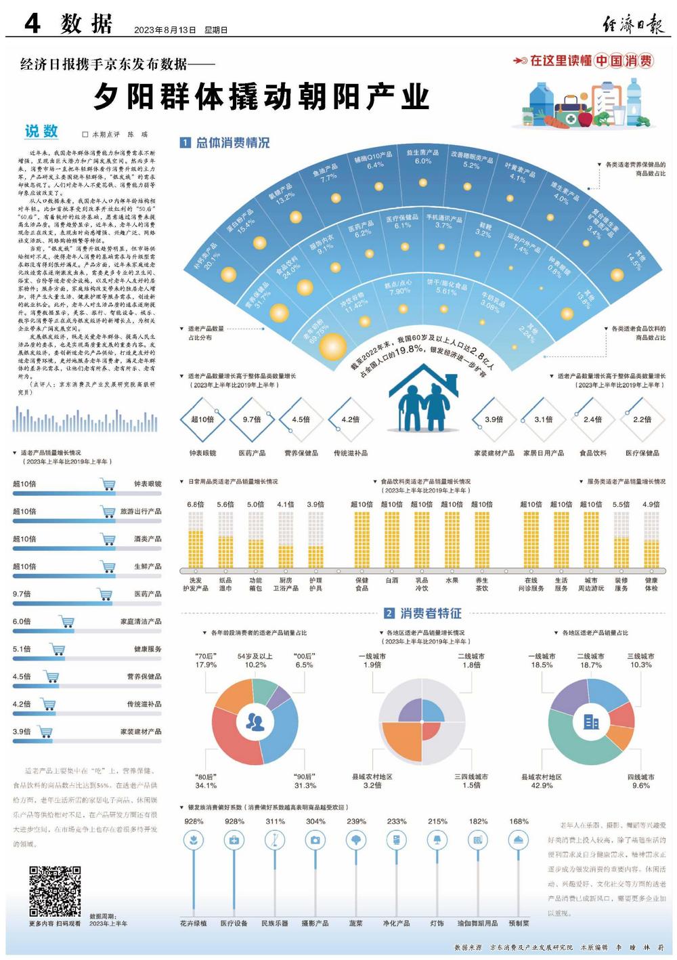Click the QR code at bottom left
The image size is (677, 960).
coord(55,891)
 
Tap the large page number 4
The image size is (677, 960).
coord(32,24)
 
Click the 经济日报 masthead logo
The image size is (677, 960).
coord(634,26)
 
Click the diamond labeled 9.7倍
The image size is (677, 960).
coord(252,420)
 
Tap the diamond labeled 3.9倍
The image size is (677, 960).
coord(494,420)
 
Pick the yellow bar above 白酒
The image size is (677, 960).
coord(392,539)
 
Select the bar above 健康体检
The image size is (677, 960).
coord(651,539)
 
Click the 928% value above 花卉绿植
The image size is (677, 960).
coord(194,821)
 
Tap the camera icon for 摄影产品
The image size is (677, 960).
coord(315,840)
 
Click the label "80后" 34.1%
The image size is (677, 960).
coord(206,781)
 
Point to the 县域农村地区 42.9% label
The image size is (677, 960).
coord(542,781)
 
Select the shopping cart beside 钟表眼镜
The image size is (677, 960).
coord(107,484)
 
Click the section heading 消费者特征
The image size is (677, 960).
coord(431,613)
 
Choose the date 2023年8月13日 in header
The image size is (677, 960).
coord(165,30)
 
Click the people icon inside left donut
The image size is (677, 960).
coord(255,722)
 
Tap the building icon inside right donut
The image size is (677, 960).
coord(591,722)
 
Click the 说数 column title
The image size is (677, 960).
coord(42,131)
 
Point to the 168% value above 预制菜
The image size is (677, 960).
coord(519,821)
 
